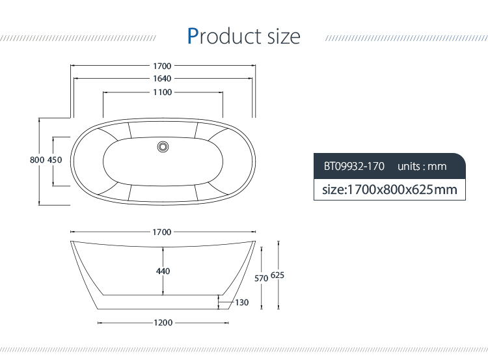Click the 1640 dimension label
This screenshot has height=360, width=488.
pos(163,79)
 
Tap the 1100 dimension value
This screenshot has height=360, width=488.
pos(163,92)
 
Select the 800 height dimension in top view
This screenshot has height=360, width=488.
pos(36,160)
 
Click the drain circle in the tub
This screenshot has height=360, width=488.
pos(163,146)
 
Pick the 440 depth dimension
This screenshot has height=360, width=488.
pos(163,271)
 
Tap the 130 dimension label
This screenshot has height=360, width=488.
pos(242,302)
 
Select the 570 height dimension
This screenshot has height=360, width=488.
pos(262,278)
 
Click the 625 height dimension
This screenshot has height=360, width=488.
pos(278,275)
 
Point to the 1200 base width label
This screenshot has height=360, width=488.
pos(163,322)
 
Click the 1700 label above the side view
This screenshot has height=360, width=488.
pos(163,232)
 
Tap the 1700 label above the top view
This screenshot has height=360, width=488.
pos(163,66)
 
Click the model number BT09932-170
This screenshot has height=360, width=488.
pos(354,166)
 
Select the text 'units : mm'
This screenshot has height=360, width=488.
pos(422,166)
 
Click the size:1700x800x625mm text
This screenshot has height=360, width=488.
pos(390,189)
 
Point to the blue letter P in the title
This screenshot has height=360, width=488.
pos(193,36)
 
